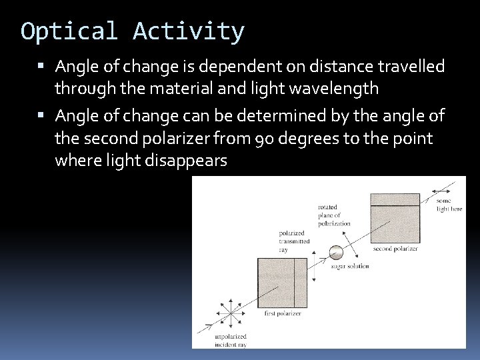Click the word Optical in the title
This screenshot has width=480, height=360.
[x=68, y=31]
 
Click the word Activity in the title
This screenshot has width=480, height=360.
[x=189, y=31]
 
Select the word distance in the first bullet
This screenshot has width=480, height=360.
[x=337, y=67]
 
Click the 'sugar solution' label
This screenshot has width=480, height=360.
[x=350, y=267]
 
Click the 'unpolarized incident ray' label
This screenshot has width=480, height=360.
[x=230, y=341]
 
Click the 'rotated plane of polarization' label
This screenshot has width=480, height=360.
[x=333, y=215]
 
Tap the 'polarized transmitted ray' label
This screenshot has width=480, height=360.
[x=291, y=241]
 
